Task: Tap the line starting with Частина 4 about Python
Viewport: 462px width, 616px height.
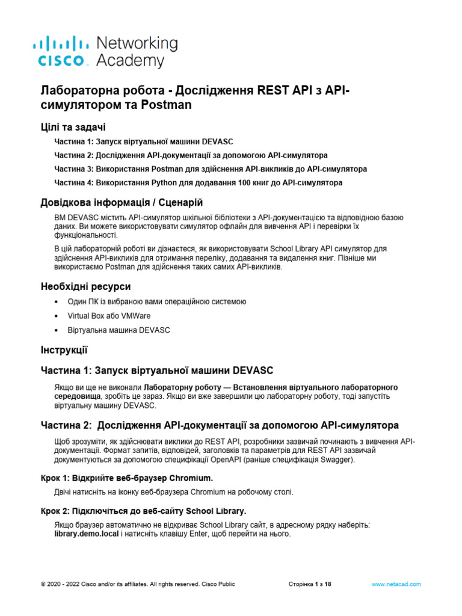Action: [x=198, y=182]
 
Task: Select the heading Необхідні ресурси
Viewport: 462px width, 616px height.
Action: [x=85, y=286]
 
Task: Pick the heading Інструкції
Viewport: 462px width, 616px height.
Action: [x=64, y=349]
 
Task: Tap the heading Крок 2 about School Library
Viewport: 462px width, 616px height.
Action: [x=143, y=511]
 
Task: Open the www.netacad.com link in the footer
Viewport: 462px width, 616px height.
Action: [x=396, y=584]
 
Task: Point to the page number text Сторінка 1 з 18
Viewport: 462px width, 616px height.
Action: [x=310, y=584]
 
